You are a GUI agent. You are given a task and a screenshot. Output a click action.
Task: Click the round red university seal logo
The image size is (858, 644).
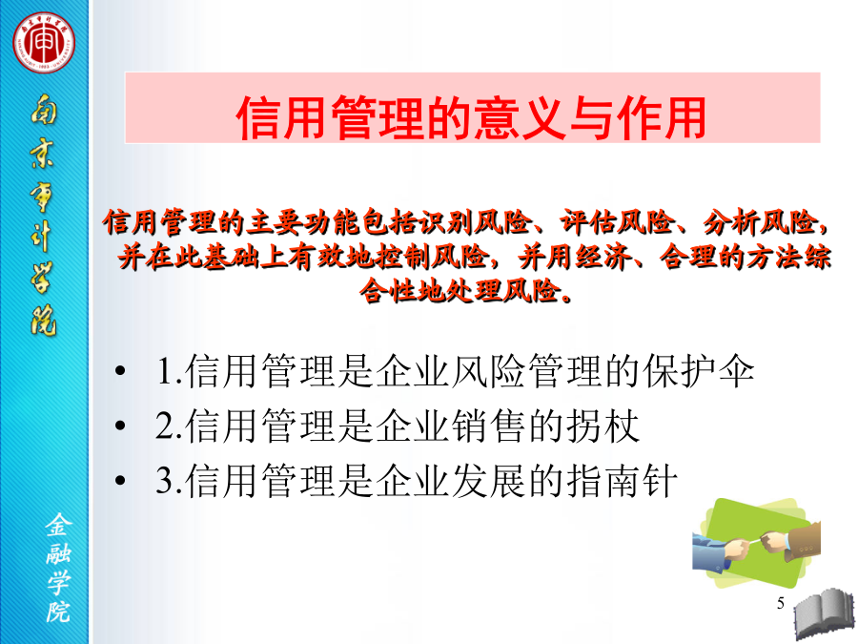(x=44, y=43)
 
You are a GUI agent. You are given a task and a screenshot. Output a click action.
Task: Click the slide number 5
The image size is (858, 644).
(x=780, y=603)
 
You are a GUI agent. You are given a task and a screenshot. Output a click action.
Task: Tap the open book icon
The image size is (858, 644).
(x=825, y=614)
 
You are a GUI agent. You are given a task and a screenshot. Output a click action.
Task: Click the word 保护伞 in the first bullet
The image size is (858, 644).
(x=699, y=371)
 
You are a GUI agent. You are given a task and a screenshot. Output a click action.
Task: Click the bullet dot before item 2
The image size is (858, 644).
(x=120, y=426)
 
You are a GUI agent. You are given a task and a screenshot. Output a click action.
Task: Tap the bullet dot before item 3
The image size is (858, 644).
(x=120, y=480)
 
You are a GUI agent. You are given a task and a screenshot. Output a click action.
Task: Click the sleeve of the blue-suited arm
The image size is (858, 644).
(x=709, y=552)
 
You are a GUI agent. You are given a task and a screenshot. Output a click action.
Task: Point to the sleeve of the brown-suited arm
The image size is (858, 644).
(x=805, y=539)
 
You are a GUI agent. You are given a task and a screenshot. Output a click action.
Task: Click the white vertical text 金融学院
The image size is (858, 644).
(x=58, y=568)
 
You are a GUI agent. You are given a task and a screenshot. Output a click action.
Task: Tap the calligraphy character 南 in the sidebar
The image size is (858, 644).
(x=43, y=110)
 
